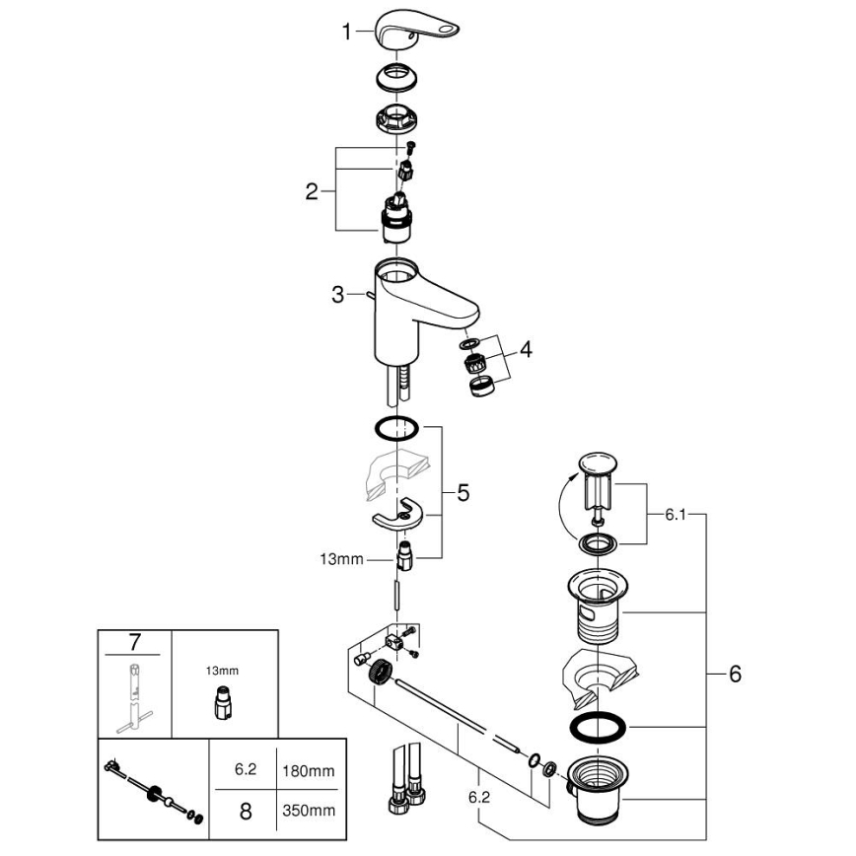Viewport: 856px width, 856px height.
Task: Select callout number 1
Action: click(x=346, y=33)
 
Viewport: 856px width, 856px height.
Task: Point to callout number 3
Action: click(x=338, y=294)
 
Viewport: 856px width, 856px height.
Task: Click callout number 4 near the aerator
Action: click(x=526, y=349)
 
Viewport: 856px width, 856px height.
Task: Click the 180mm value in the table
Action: click(x=309, y=769)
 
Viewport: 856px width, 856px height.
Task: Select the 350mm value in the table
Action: click(x=309, y=811)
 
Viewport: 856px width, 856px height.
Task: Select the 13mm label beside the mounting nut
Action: click(x=341, y=558)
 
